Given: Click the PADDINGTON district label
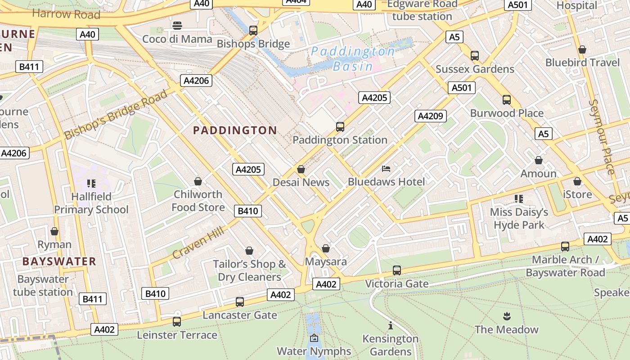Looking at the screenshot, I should coord(235,130).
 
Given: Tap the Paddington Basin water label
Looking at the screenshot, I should coord(353,58).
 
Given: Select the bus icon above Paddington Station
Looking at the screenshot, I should coord(340,127).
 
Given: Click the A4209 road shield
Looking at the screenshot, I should coord(430,116).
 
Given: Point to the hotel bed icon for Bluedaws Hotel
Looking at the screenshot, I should coord(386,169).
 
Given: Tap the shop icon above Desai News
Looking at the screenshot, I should coord(301,170).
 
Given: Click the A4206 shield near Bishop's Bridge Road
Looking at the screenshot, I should coord(196,81).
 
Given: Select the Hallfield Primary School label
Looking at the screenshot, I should coord(91,203).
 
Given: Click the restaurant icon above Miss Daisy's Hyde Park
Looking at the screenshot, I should coord(519,198).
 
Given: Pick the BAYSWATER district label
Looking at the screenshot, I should coord(59,261).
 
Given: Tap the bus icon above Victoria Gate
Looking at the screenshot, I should coord(396,270).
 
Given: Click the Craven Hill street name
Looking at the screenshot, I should coord(198,243).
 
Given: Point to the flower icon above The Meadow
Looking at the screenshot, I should coord(506,316).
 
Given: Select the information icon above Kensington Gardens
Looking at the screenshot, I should coord(391,325).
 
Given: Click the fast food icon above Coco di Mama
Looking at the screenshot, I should coord(177,26).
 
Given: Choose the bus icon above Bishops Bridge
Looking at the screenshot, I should coord(253,31).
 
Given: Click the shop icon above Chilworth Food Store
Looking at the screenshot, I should coord(198,181).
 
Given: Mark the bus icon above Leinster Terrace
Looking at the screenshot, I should coord(177,322).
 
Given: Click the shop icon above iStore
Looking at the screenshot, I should coord(577,181).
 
